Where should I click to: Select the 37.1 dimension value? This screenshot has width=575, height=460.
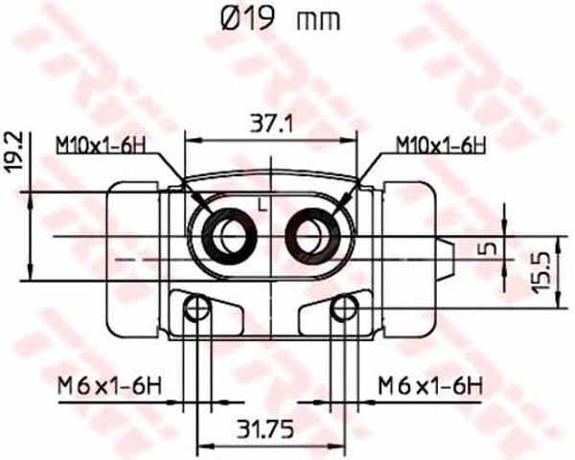272,124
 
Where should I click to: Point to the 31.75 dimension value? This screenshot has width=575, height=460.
265,429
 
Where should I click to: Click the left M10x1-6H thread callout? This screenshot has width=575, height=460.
101,146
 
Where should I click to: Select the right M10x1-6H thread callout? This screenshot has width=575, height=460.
441,146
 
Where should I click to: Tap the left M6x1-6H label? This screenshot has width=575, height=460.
109,386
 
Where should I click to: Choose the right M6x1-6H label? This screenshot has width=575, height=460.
430,386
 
